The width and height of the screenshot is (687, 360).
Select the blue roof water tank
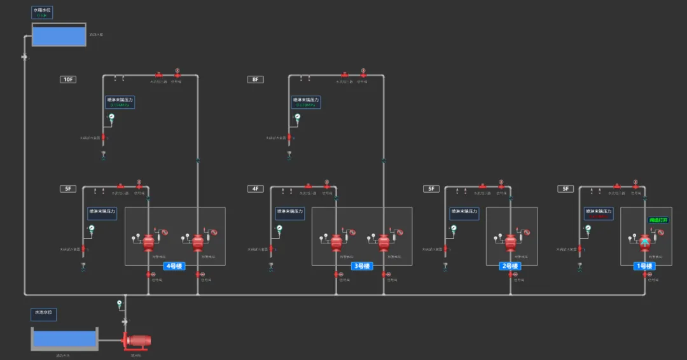pyautogui.click(x=59, y=36)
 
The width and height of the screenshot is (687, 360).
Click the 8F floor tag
pyautogui.click(x=255, y=80)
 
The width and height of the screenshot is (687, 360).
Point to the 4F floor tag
pyautogui.click(x=255, y=189)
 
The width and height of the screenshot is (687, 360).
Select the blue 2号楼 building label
pyautogui.click(x=510, y=266)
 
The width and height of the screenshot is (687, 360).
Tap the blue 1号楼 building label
pyautogui.click(x=644, y=266)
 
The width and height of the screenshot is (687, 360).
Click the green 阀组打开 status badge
pyautogui.click(x=658, y=220)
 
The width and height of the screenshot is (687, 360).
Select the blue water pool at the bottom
pyautogui.click(x=64, y=339)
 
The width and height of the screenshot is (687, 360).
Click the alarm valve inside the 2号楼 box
pyautogui.click(x=510, y=242)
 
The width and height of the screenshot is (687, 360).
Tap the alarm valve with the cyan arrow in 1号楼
pyautogui.click(x=644, y=242)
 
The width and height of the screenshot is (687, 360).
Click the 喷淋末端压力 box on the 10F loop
pyautogui.click(x=120, y=102)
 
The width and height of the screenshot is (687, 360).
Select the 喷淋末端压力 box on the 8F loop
pyautogui.click(x=307, y=102)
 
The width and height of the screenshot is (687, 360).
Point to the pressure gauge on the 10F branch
pyautogui.click(x=111, y=117)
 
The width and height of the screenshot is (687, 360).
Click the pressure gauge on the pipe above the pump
pyautogui.click(x=120, y=304)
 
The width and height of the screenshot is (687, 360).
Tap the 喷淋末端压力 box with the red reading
pyautogui.click(x=599, y=214)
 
